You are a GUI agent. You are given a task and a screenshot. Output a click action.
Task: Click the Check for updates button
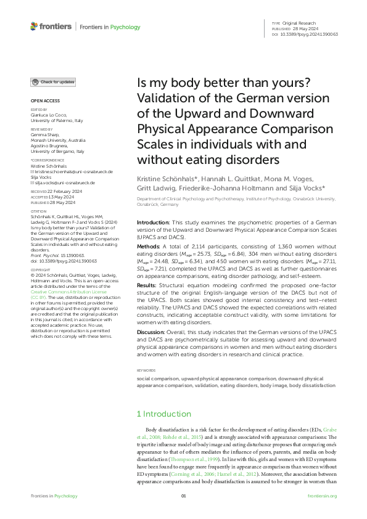point(54,82)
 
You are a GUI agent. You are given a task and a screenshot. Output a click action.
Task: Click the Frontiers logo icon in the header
point(35,27)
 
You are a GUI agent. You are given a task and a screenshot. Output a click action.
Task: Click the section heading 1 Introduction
point(164,414)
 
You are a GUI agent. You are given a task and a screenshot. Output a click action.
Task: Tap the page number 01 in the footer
point(183,496)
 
